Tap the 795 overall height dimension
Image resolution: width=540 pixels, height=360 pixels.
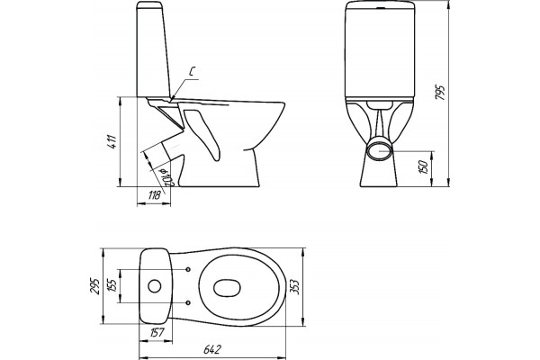pos(440,92)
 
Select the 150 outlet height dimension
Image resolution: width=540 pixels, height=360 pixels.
pos(424,167)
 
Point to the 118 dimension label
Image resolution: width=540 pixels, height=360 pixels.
pos(154,195)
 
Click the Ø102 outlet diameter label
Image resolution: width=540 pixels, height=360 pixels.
pos(166,176)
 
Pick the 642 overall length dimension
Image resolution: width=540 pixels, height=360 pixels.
pos(211,350)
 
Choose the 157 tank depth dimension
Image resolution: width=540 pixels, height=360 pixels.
pos(157,333)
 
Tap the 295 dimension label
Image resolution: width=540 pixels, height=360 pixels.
pos(95,285)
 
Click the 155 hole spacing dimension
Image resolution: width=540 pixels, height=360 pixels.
pos(112,285)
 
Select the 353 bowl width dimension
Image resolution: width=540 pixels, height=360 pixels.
pos(294,286)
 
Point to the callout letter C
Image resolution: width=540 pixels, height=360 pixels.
pos(193,71)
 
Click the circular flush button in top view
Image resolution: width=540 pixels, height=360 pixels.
pos(155,286)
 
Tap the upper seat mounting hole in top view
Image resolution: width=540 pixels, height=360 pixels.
pos(188,269)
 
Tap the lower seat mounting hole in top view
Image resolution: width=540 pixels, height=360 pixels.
pos(188,302)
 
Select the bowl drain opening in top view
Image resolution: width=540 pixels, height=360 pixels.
pos(227,287)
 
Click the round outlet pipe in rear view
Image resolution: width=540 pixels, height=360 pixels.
pos(379,151)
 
